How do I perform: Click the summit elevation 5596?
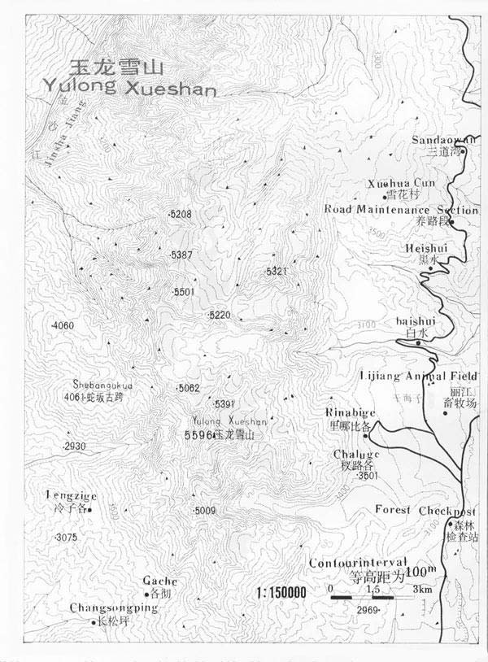[x=198, y=436]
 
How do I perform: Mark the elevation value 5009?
[x=204, y=511]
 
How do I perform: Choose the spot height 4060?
[x=63, y=326]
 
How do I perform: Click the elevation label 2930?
[x=74, y=446]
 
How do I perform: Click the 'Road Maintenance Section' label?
[x=401, y=209]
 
